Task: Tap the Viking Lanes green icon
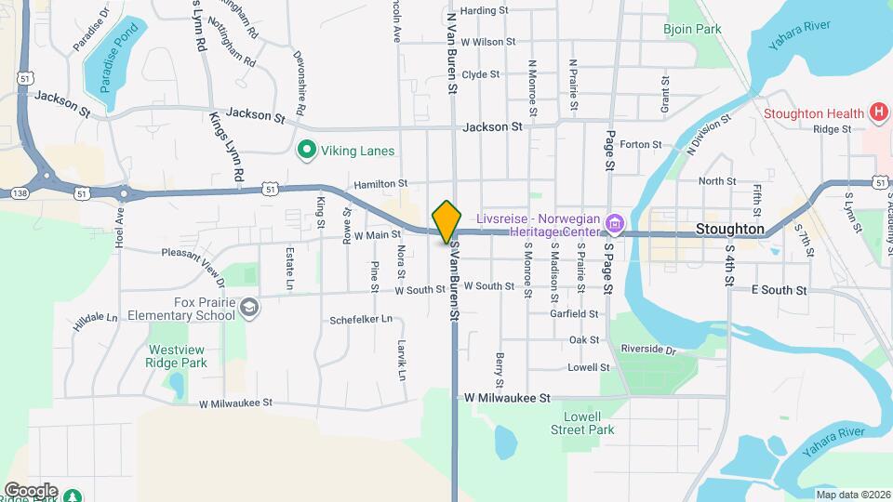[304, 150]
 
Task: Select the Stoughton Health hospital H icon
[878, 113]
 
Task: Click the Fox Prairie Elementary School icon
[248, 308]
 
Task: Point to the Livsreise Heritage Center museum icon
[613, 224]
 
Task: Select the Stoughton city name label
[730, 229]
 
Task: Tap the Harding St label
[484, 11]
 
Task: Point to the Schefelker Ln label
[361, 319]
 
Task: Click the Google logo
[31, 490]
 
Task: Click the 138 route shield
[20, 192]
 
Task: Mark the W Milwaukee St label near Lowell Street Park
[507, 397]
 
